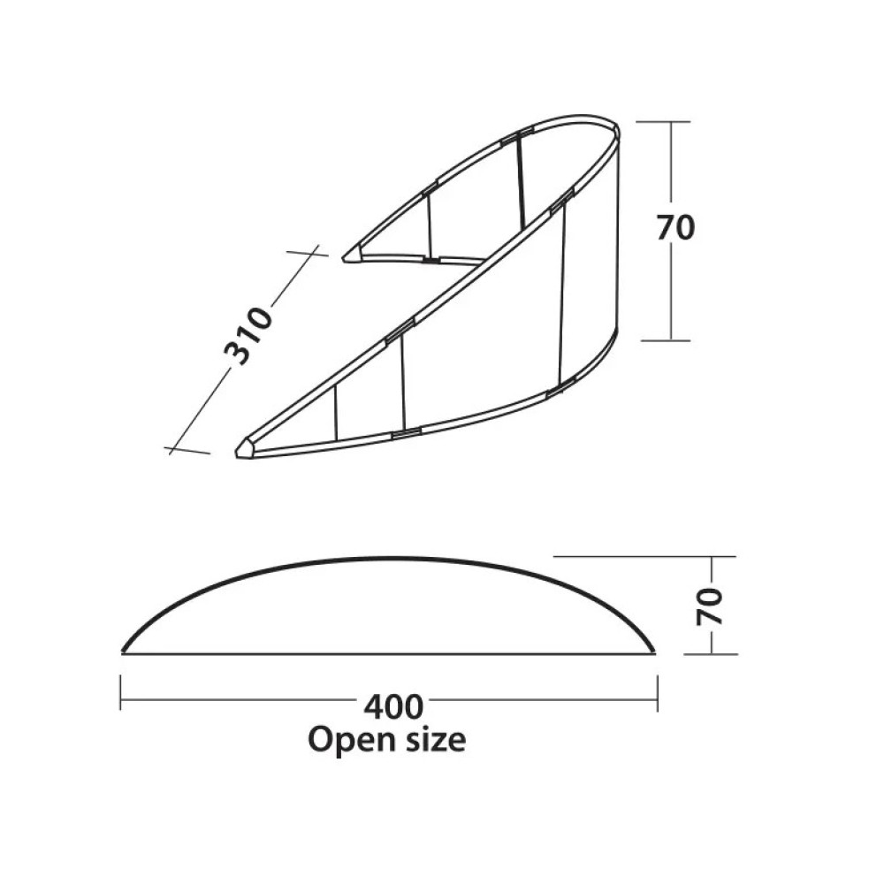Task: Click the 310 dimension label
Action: tap(248, 336)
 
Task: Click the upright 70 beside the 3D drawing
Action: tap(675, 228)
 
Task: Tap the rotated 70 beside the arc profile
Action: tap(709, 606)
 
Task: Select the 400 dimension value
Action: tap(393, 706)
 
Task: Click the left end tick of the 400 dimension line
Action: tap(121, 693)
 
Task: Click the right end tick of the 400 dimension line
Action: tap(658, 693)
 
